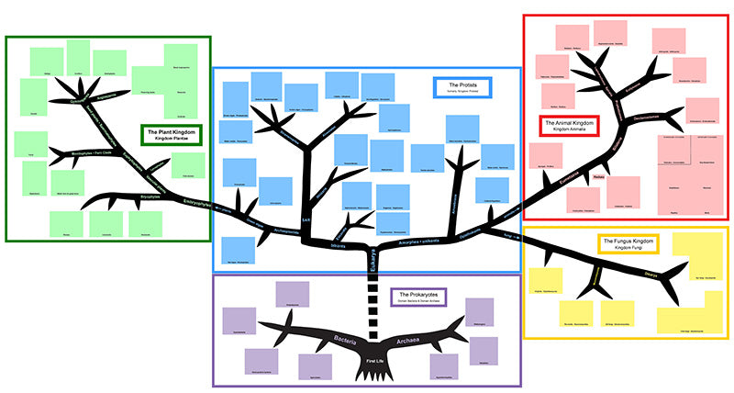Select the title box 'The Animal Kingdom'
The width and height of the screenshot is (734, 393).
[569, 126]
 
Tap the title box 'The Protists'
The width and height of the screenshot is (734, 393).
[461, 87]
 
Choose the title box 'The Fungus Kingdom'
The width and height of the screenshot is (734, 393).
[628, 244]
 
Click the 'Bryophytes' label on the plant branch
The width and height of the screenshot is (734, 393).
[150, 196]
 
